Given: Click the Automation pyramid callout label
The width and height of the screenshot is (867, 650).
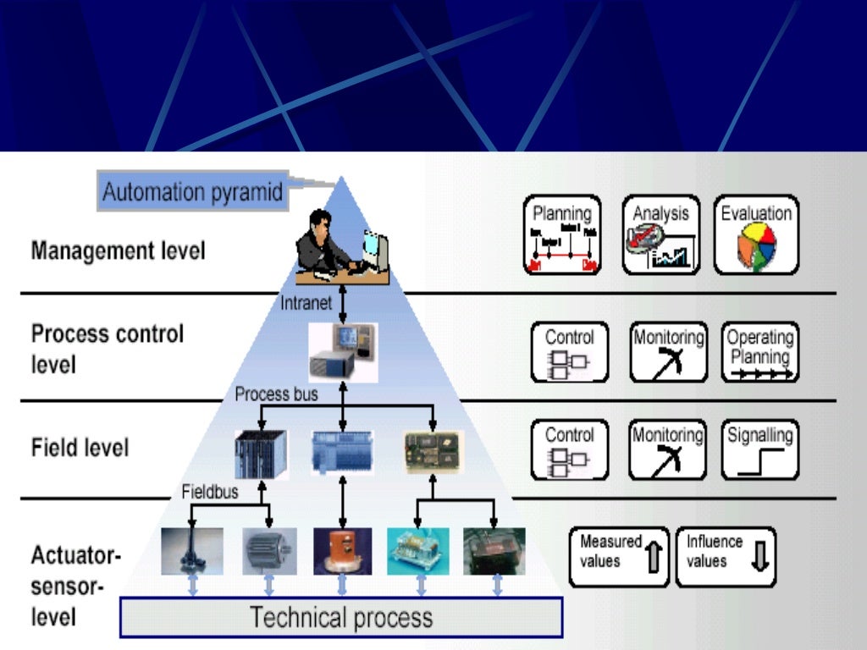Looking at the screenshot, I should [192, 191].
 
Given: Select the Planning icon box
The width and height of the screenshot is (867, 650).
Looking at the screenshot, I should [561, 236].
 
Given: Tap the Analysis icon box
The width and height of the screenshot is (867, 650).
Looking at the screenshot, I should [660, 236].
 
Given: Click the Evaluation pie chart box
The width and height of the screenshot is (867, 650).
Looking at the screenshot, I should [756, 236].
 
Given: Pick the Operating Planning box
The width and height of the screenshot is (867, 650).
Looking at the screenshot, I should [759, 351].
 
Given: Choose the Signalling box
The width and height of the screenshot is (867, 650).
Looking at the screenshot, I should [759, 449].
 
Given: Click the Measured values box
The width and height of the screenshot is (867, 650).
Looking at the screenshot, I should [619, 557].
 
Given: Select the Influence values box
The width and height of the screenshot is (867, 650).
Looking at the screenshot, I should [725, 557].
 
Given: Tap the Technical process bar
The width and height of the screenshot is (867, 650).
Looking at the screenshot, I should [341, 617].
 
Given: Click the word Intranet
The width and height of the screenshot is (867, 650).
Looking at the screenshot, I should [306, 303].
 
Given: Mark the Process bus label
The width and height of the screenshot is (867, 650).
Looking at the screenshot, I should [276, 394].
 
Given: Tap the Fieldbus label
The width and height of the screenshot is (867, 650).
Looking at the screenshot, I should [210, 491].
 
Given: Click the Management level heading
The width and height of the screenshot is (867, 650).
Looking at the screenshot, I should [118, 251].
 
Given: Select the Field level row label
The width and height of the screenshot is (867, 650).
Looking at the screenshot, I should [80, 447].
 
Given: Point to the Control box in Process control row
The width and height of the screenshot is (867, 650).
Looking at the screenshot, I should [569, 351].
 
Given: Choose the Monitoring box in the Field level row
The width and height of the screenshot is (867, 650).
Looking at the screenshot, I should [668, 449].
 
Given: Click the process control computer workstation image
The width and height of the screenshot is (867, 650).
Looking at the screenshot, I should [342, 350].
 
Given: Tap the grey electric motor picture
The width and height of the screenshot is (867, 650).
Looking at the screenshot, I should [268, 551].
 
